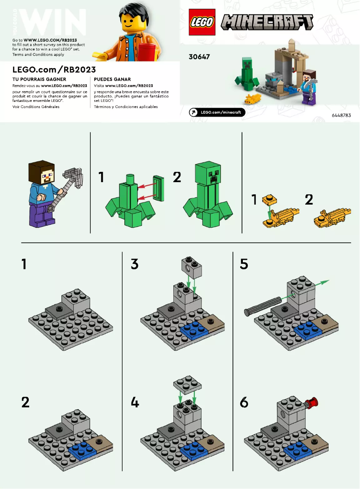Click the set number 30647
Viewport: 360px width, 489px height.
[200, 57]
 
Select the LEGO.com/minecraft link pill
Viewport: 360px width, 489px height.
[217, 112]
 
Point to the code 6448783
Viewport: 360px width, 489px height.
[341, 116]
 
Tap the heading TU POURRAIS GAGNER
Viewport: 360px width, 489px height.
[40, 79]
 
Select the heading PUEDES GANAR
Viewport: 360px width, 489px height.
[112, 79]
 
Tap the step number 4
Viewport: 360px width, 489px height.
[135, 402]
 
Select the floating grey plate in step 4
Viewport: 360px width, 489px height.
[187, 386]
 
